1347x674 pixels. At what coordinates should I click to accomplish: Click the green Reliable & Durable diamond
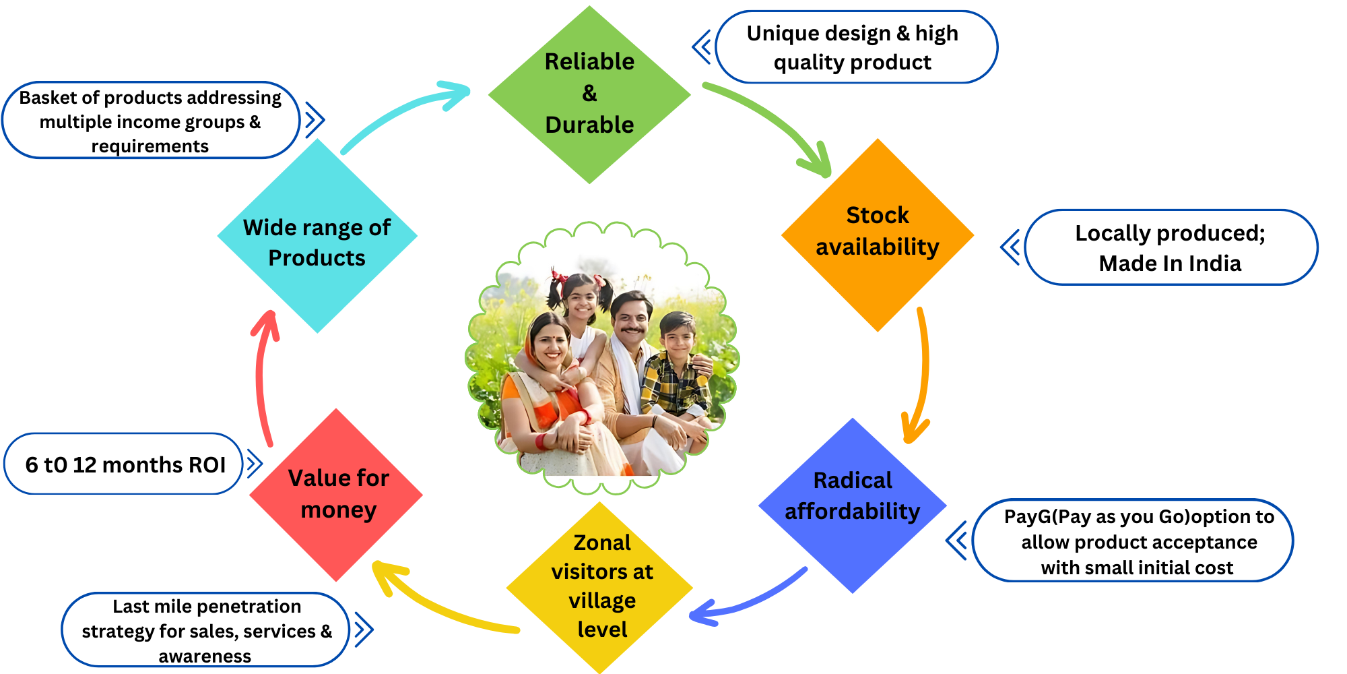[589, 94]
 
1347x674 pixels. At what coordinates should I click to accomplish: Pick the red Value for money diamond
[336, 495]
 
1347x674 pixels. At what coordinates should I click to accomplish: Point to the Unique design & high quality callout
[855, 47]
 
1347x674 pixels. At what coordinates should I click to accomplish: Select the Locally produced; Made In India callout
[1171, 247]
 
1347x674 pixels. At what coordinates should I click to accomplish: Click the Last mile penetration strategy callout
[205, 630]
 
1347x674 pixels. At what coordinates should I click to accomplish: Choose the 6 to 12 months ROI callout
[124, 464]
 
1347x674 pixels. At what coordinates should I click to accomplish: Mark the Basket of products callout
[150, 121]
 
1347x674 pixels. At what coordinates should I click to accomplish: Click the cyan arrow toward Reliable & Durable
[397, 111]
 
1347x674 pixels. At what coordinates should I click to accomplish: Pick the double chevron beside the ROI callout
[254, 464]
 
